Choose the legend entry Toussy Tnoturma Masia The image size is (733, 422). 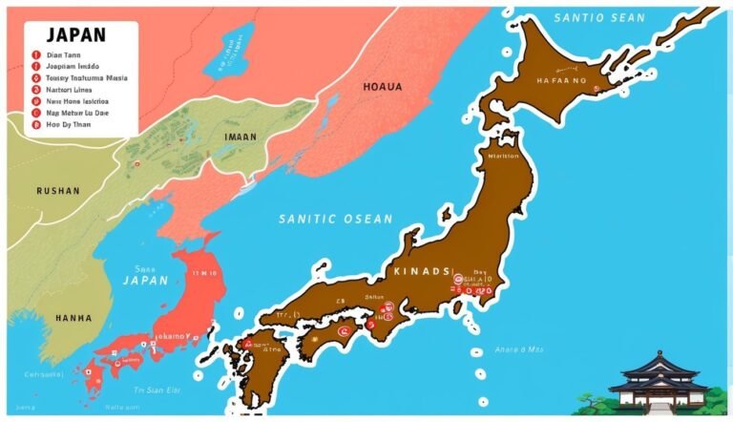tap(87, 76)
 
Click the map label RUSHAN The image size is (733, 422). tap(58, 190)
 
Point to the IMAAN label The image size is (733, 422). tap(240, 137)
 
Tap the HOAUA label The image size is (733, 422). tap(383, 87)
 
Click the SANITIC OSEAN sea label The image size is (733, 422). tap(335, 219)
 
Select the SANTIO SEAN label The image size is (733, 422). tap(600, 18)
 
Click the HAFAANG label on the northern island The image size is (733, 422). tap(565, 81)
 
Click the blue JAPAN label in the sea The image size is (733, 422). tap(145, 281)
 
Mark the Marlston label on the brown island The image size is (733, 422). tap(503, 155)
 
